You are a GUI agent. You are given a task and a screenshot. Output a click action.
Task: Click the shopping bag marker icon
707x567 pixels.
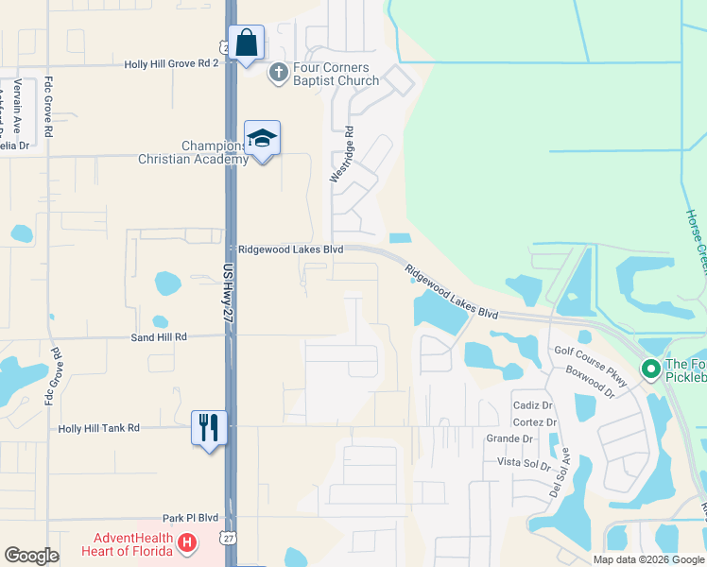click(246, 43)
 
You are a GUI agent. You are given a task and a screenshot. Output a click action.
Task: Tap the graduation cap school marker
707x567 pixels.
click(262, 139)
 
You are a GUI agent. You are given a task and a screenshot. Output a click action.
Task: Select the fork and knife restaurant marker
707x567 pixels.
click(209, 428)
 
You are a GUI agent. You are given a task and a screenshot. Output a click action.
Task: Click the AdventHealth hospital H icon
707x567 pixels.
click(187, 542)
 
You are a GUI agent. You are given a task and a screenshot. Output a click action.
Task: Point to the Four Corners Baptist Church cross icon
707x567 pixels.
click(279, 73)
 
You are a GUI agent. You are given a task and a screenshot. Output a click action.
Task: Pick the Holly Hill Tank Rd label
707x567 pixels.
click(98, 428)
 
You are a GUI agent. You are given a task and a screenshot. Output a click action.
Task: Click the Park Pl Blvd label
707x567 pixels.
click(190, 518)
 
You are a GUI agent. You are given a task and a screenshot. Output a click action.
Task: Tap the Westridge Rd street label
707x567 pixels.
click(340, 155)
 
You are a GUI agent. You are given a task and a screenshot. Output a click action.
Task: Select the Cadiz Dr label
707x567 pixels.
click(532, 405)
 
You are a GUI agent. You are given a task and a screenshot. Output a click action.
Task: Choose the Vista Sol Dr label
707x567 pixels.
click(524, 463)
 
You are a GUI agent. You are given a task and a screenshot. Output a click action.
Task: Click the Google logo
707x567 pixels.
click(31, 556)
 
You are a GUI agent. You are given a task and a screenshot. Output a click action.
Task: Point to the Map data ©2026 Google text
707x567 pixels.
click(647, 559)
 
